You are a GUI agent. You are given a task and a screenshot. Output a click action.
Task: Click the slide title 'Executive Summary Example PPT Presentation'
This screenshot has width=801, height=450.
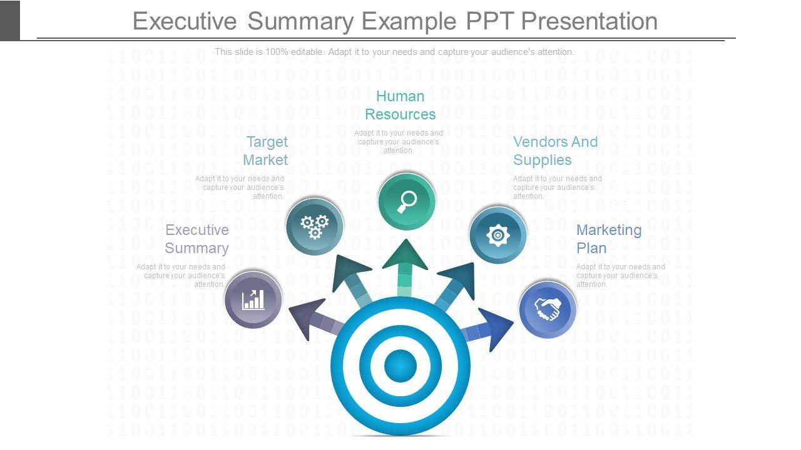click(x=395, y=21)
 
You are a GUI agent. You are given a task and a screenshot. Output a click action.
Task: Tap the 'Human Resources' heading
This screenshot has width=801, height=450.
click(x=400, y=105)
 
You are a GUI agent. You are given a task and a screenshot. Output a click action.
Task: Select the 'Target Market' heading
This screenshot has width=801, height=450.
click(x=266, y=151)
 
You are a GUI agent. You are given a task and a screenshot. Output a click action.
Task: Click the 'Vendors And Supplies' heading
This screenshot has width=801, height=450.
click(x=555, y=151)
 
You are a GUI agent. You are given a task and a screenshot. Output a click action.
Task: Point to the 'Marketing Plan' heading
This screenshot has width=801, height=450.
click(x=608, y=239)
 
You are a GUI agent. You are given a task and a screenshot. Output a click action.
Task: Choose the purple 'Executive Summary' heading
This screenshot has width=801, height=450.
click(x=196, y=239)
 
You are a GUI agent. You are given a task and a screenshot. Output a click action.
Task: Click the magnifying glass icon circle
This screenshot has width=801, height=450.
click(x=407, y=202)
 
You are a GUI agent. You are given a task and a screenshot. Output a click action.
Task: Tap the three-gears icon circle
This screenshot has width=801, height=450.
click(x=315, y=226)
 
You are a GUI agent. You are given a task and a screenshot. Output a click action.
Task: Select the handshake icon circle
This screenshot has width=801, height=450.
click(x=548, y=309)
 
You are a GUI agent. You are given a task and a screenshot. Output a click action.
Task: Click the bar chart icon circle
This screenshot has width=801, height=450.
click(x=253, y=299)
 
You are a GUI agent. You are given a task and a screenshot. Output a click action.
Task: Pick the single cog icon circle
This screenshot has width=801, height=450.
click(x=498, y=236)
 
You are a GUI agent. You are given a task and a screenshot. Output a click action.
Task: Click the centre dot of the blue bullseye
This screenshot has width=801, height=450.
click(x=400, y=364)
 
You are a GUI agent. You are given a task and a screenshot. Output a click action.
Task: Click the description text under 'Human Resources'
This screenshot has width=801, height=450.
click(x=399, y=142)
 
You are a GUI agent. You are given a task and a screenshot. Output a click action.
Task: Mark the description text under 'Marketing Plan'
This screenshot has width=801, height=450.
click(x=620, y=276)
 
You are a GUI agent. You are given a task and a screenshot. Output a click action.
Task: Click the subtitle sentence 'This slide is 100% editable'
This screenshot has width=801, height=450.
click(x=394, y=52)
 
